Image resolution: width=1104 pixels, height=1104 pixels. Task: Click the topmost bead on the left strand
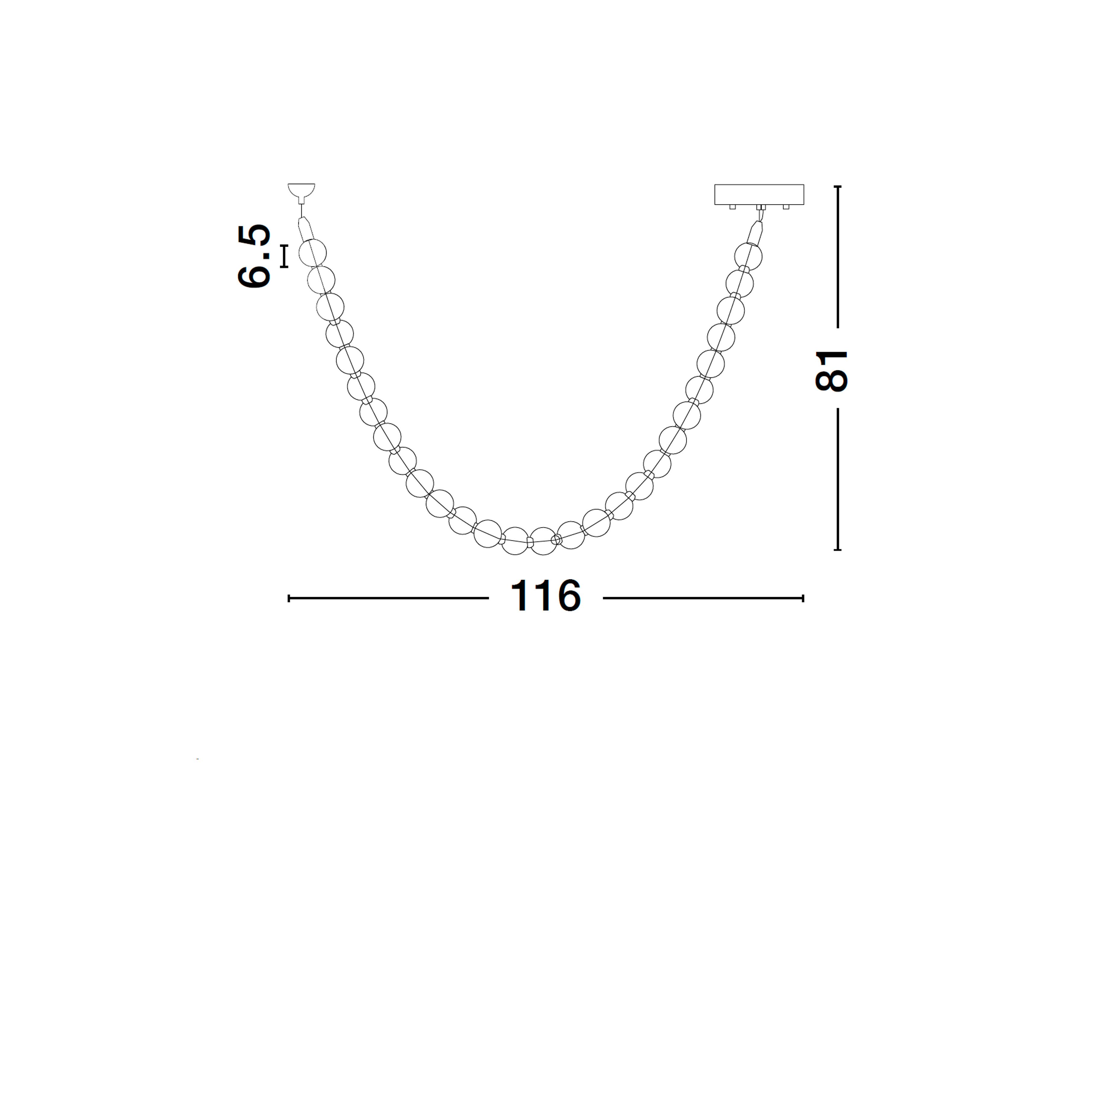(313, 253)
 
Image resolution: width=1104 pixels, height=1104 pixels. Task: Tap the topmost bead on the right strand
(748, 255)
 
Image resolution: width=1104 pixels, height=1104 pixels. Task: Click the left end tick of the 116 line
(289, 598)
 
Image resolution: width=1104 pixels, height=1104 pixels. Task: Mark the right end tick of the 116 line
(803, 598)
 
